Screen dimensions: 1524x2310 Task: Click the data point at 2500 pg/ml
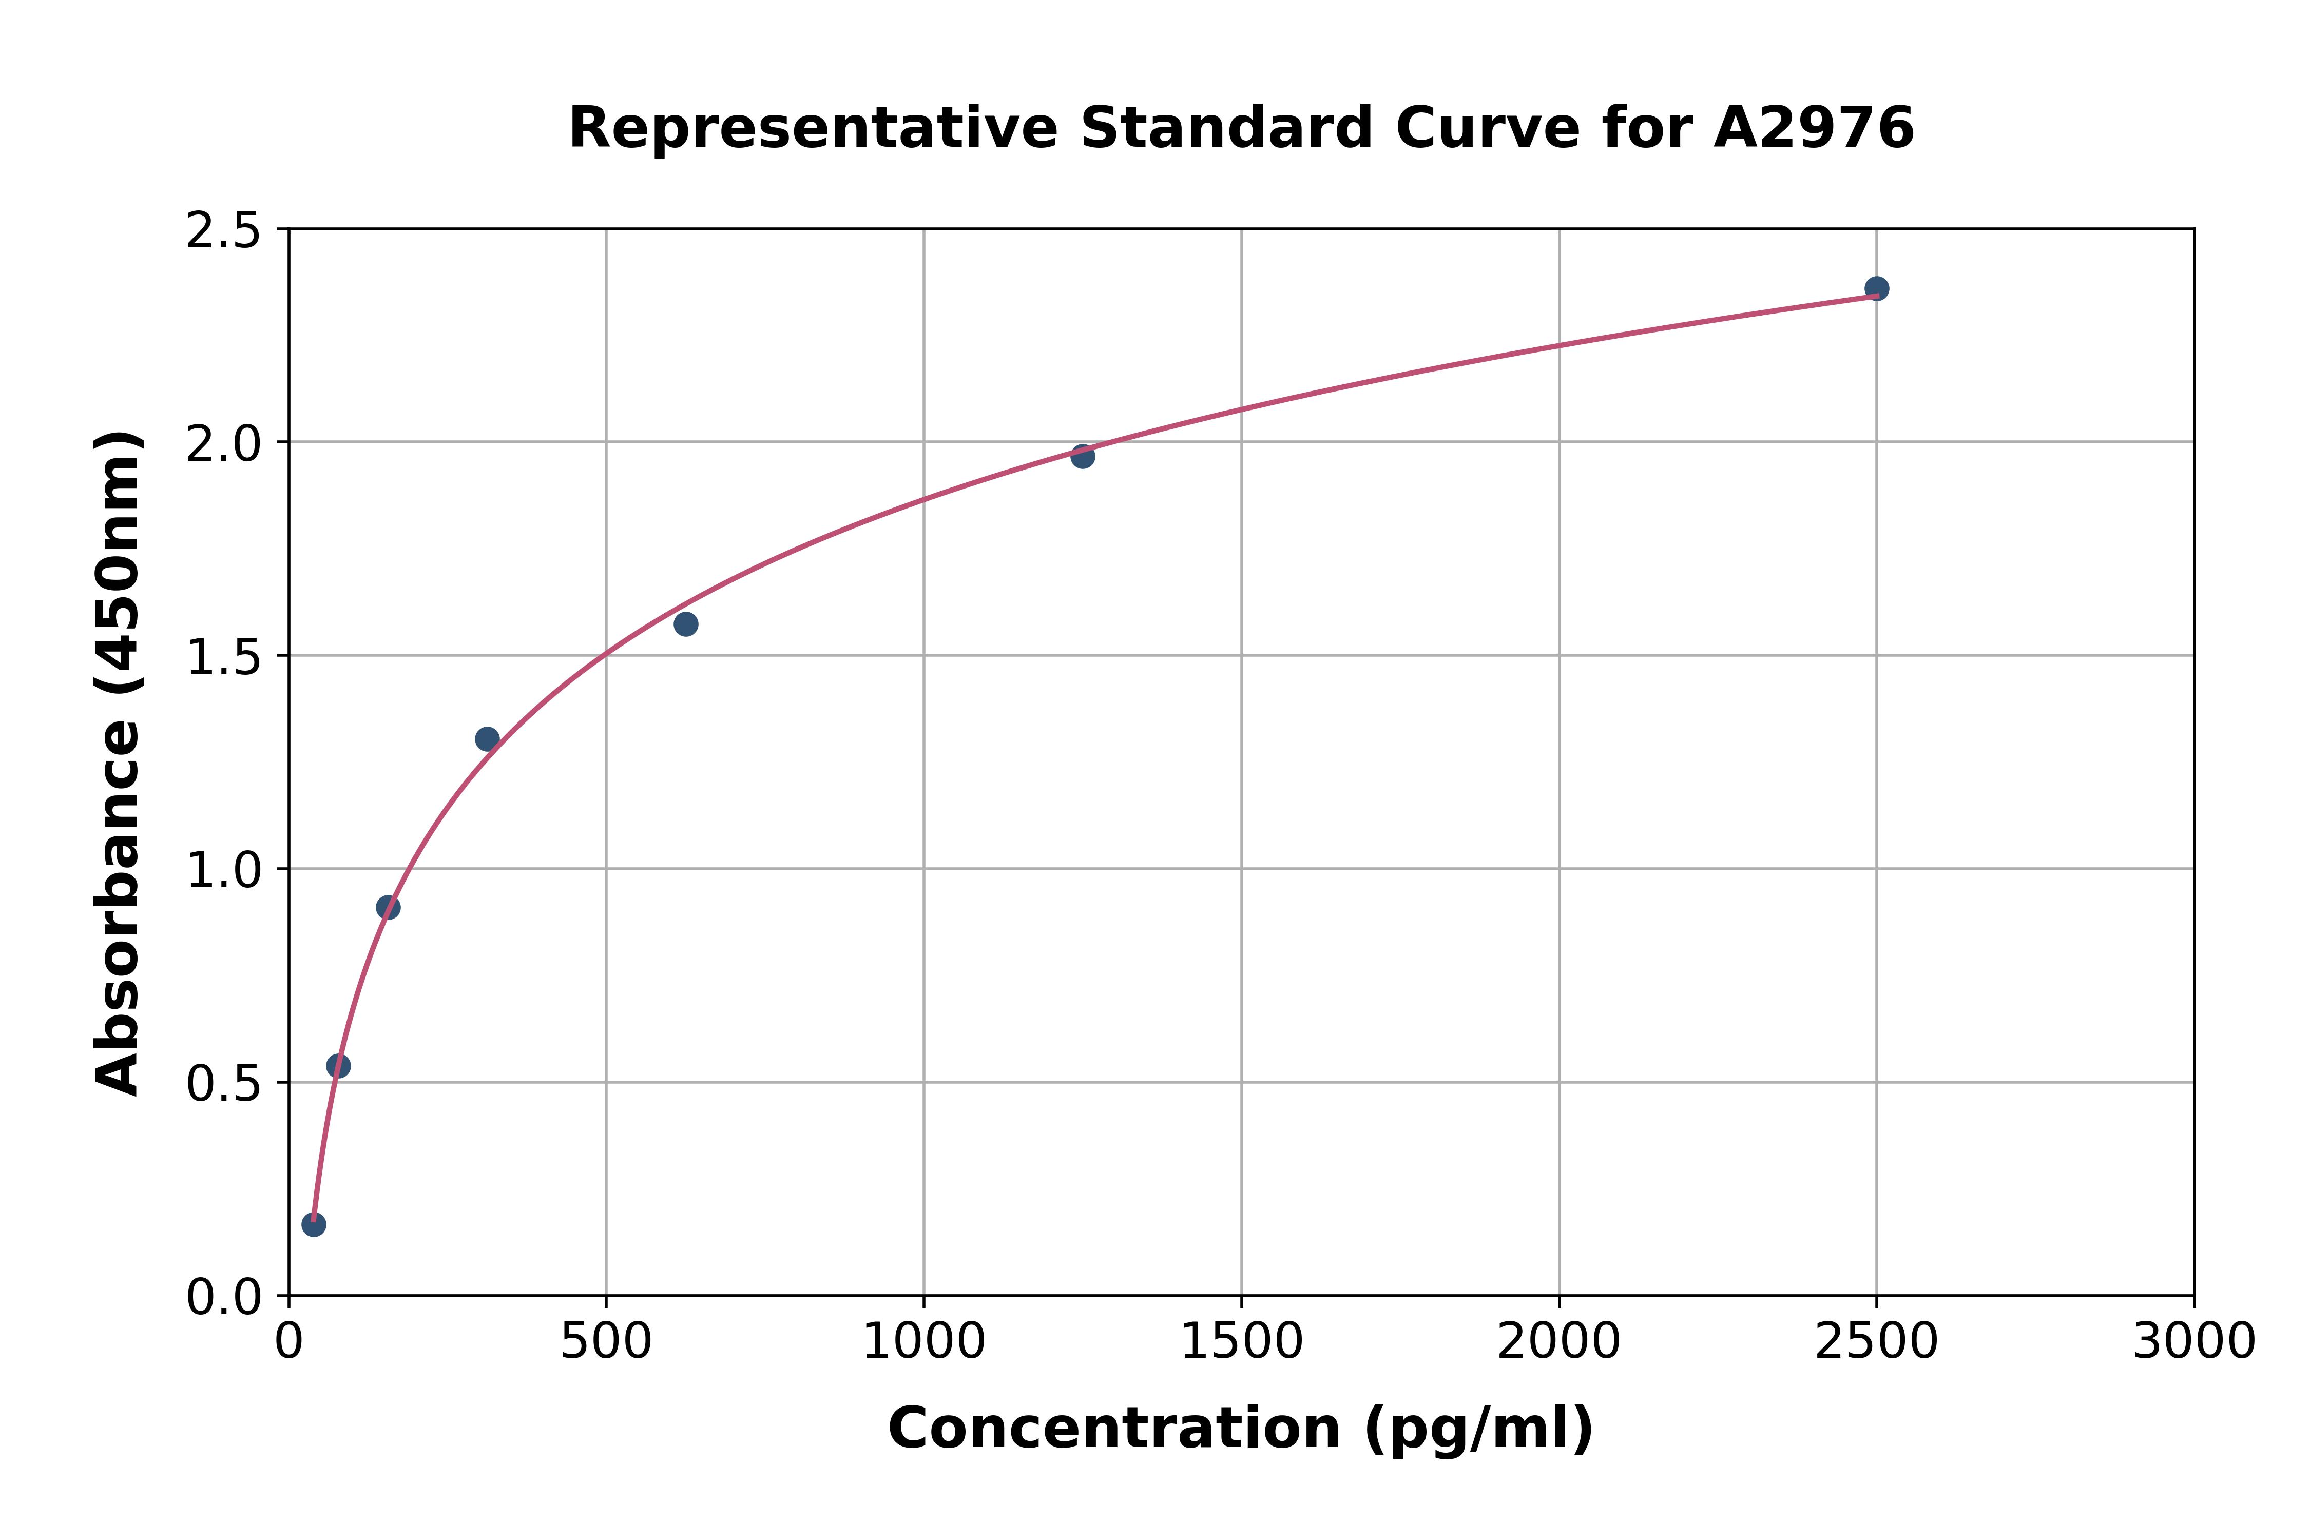1876,289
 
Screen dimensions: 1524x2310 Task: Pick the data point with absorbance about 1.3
487,739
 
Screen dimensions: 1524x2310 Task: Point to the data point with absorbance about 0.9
388,908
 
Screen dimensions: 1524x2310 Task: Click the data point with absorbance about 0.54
338,1066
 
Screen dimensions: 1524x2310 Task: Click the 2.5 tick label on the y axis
224,231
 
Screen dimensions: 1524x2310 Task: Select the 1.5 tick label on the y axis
224,657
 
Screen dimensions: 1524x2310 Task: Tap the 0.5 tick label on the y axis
224,1084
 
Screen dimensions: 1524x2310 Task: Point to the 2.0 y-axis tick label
224,444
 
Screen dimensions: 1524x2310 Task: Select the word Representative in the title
813,128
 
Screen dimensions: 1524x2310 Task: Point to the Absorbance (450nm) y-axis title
119,763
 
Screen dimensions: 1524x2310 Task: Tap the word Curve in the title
1488,128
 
